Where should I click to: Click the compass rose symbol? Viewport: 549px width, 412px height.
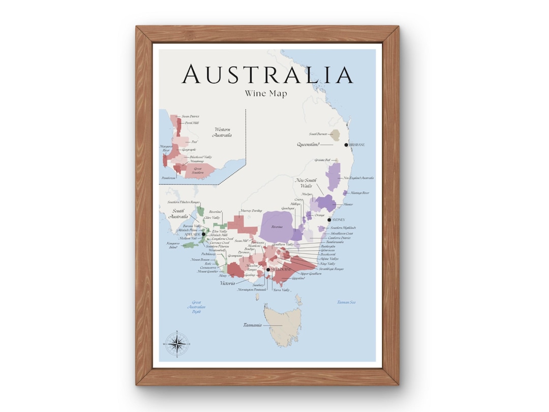(176, 344)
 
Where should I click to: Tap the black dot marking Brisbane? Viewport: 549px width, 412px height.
(346, 145)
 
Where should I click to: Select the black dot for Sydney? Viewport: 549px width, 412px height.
(329, 220)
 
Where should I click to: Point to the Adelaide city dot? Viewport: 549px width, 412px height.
(203, 234)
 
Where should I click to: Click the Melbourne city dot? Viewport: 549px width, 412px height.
(268, 270)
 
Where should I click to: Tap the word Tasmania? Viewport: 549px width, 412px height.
(252, 325)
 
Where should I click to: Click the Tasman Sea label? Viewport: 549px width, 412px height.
(346, 303)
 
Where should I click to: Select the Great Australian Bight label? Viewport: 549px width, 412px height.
(197, 307)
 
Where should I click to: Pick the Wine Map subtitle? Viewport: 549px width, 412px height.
(266, 94)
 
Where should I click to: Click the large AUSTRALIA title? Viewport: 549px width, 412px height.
(267, 74)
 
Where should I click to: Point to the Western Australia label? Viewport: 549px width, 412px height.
(223, 132)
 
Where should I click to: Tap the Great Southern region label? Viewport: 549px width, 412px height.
(197, 170)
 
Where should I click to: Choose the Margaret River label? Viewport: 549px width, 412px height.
(166, 149)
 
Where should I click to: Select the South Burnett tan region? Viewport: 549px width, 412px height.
(334, 135)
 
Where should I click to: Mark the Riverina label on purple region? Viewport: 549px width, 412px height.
(277, 227)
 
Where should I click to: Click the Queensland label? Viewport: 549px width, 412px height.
(308, 145)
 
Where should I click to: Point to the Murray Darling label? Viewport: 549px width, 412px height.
(252, 211)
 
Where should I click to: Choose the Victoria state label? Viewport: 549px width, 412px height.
(227, 283)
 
